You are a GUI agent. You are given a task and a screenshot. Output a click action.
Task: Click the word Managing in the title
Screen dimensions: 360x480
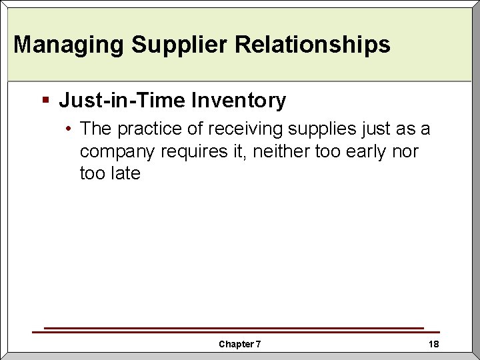point(69,45)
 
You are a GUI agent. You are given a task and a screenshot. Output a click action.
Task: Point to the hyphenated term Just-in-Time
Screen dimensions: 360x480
point(122,101)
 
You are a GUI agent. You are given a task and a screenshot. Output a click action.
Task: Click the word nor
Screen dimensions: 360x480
point(406,151)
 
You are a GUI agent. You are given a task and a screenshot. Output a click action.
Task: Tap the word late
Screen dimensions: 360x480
point(125,173)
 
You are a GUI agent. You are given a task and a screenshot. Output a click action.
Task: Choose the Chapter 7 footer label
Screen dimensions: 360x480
point(240,344)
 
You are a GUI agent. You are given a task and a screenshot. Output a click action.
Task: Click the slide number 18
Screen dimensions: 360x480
point(433,344)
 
